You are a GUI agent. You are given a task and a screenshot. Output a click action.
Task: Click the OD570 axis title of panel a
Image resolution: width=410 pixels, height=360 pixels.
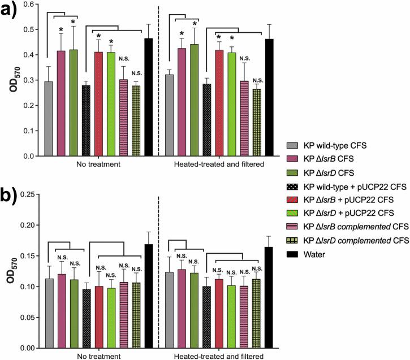point(11,79)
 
